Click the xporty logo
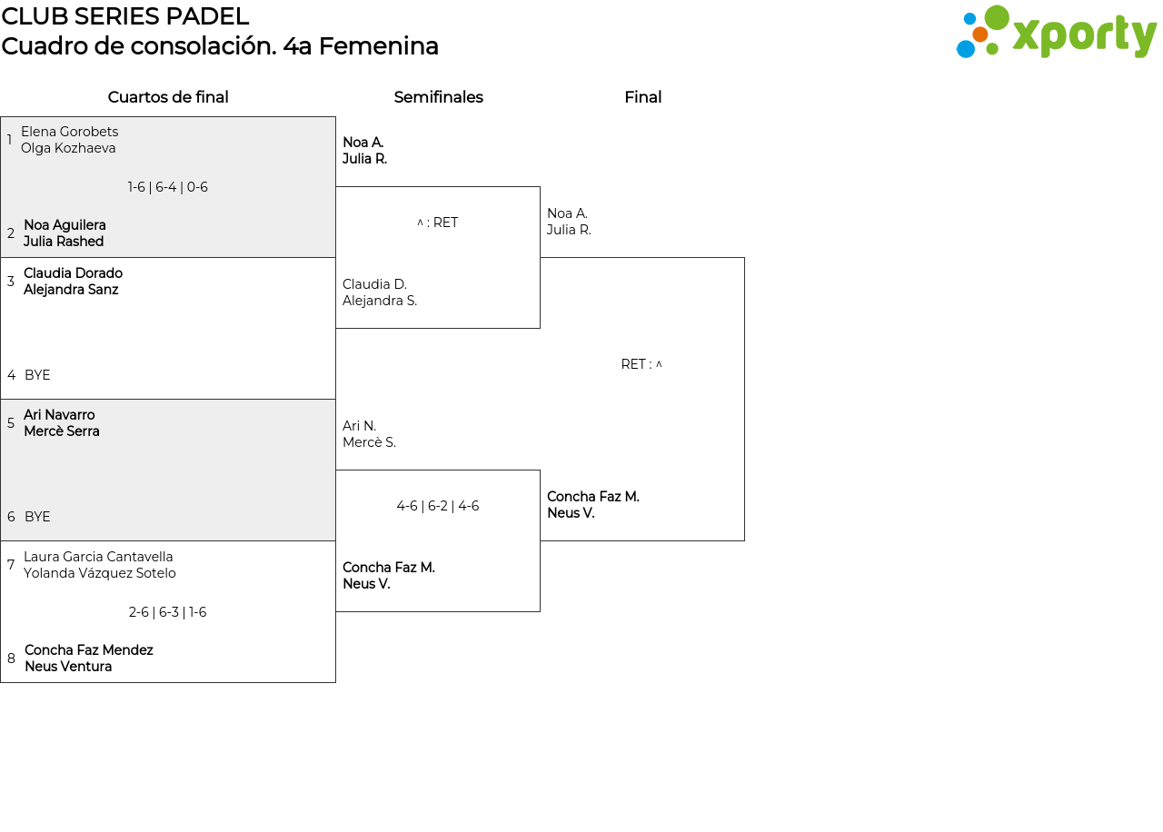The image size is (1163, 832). pyautogui.click(x=1056, y=32)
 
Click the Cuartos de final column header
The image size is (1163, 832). pyautogui.click(x=168, y=97)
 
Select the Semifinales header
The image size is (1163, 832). pyautogui.click(x=438, y=97)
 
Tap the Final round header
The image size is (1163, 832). pyautogui.click(x=642, y=97)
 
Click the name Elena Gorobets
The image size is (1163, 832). pyautogui.click(x=70, y=132)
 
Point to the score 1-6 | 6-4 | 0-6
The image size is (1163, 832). pyautogui.click(x=168, y=187)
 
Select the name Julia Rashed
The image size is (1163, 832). pyautogui.click(x=64, y=242)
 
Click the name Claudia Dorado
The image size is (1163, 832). pyautogui.click(x=74, y=273)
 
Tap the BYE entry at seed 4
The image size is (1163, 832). pyautogui.click(x=37, y=375)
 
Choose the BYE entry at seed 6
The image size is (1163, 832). pyautogui.click(x=37, y=517)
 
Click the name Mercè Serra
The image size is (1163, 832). pyautogui.click(x=61, y=431)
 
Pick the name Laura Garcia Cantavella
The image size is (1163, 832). pyautogui.click(x=98, y=557)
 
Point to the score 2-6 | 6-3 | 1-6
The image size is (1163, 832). pyautogui.click(x=168, y=612)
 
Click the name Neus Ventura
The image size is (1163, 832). pyautogui.click(x=68, y=667)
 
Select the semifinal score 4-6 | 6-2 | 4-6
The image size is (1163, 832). pyautogui.click(x=438, y=506)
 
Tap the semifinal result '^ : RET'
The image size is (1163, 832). pyautogui.click(x=438, y=223)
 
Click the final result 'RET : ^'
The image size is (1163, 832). pyautogui.click(x=641, y=364)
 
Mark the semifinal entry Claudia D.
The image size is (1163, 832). pyautogui.click(x=374, y=284)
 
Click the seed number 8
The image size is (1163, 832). pyautogui.click(x=11, y=659)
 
